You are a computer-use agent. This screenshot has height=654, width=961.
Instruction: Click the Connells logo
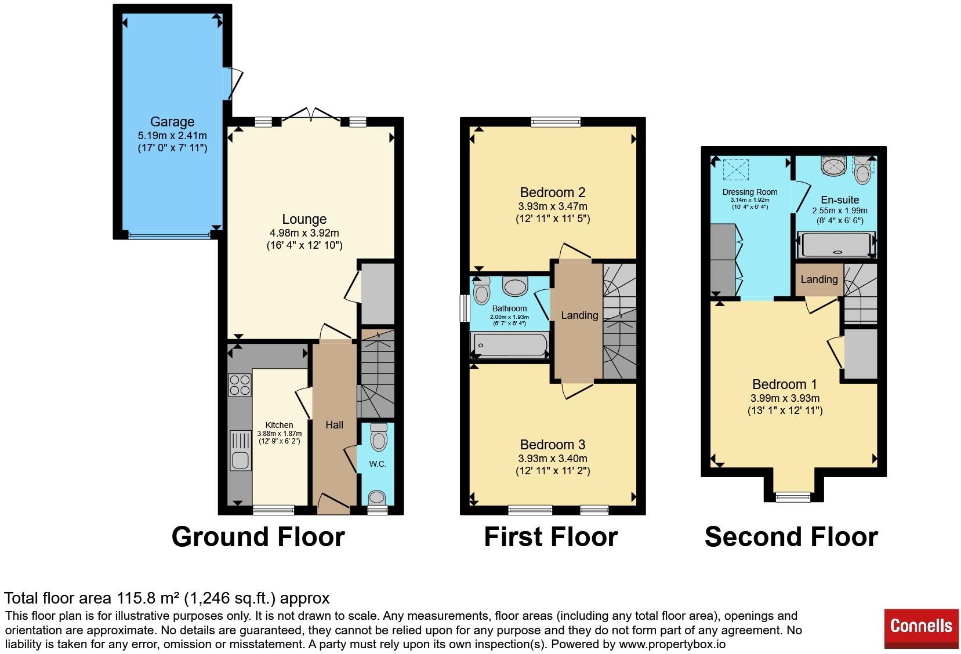pyautogui.click(x=921, y=628)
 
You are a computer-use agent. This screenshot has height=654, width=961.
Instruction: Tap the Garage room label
pyautogui.click(x=172, y=122)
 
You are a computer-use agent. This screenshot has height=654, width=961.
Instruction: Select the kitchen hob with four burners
pyautogui.click(x=240, y=384)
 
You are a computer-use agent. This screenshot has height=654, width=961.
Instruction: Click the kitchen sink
pyautogui.click(x=240, y=450)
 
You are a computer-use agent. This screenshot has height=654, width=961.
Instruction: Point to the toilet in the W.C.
pyautogui.click(x=378, y=437)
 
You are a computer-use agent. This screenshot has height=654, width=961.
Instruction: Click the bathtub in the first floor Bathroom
pyautogui.click(x=510, y=345)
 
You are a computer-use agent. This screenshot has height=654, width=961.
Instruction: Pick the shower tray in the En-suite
pyautogui.click(x=836, y=245)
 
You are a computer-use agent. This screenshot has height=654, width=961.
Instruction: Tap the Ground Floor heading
pyautogui.click(x=258, y=537)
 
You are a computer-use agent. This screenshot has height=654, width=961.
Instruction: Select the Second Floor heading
pyautogui.click(x=791, y=537)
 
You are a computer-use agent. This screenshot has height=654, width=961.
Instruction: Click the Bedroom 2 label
pyautogui.click(x=553, y=192)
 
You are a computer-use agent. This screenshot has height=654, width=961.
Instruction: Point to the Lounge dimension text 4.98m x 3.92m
pyautogui.click(x=304, y=233)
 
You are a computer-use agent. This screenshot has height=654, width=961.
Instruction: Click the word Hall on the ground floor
pyautogui.click(x=334, y=424)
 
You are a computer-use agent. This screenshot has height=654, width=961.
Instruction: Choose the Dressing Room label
pyautogui.click(x=750, y=192)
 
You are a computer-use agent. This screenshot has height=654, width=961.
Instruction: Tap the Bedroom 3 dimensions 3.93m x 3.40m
pyautogui.click(x=553, y=459)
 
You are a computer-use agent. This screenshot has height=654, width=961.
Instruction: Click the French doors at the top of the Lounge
pyautogui.click(x=311, y=114)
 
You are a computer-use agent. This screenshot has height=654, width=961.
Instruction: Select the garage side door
pyautogui.click(x=233, y=83)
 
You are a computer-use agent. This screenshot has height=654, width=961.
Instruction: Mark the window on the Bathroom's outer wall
pyautogui.click(x=465, y=308)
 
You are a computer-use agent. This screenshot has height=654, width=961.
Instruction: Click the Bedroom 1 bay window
pyautogui.click(x=793, y=497)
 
